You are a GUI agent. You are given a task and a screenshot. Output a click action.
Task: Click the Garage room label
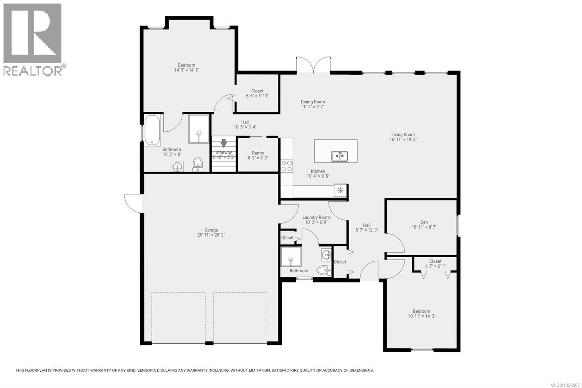(211, 230)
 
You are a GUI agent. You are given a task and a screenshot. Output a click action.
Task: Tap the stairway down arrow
(224, 143)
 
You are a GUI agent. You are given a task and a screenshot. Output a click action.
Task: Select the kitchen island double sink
(339, 157)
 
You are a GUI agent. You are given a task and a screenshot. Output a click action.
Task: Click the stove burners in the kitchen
(287, 166)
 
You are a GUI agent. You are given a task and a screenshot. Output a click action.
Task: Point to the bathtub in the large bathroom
(152, 130)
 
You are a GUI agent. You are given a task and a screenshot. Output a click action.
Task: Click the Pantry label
(258, 153)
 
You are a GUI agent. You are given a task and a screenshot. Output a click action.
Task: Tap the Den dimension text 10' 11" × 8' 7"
(424, 227)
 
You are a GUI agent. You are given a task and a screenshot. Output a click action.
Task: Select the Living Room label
(403, 135)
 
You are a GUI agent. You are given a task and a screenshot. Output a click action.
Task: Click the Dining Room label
(313, 102)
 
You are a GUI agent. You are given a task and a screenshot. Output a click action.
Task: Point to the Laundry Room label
(316, 217)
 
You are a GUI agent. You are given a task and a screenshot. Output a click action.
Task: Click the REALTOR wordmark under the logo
(33, 71)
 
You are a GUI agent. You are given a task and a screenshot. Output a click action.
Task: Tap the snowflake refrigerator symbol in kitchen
(340, 190)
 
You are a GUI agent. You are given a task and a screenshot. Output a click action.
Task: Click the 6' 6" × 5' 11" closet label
(257, 94)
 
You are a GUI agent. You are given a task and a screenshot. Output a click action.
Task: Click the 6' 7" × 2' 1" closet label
(435, 264)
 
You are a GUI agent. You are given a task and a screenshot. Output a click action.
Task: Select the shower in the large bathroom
(199, 129)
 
